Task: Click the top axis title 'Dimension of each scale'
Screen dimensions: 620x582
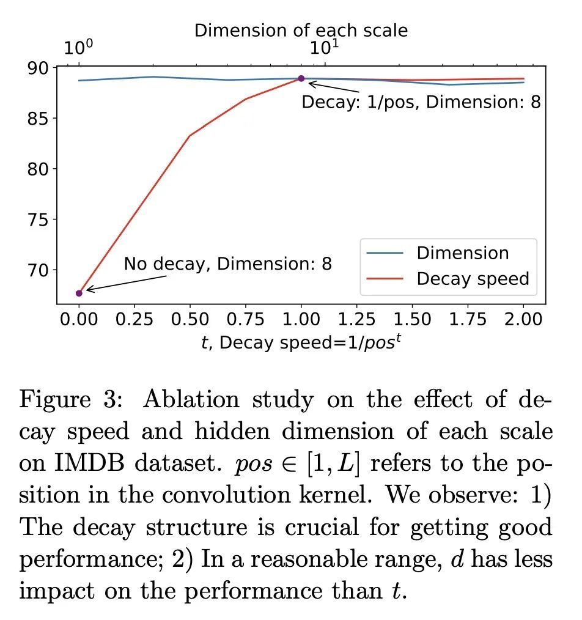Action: (301, 30)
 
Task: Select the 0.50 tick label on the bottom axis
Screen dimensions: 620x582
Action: (190, 319)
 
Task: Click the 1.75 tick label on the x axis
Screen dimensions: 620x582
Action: (468, 319)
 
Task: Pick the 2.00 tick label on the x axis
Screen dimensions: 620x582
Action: (523, 319)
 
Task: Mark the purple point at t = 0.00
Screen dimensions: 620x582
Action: (79, 293)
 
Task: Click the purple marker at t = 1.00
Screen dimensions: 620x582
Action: (301, 78)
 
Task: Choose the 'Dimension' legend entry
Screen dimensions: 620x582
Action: (462, 253)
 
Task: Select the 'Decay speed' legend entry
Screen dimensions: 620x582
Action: (472, 279)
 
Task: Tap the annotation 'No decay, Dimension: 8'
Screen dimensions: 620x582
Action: (228, 264)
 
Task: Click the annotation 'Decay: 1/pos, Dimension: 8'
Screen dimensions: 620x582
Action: (421, 101)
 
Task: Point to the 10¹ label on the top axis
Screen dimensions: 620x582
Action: (325, 48)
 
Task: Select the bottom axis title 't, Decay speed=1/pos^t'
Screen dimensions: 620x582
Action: (301, 343)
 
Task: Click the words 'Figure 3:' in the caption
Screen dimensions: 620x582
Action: (72, 400)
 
